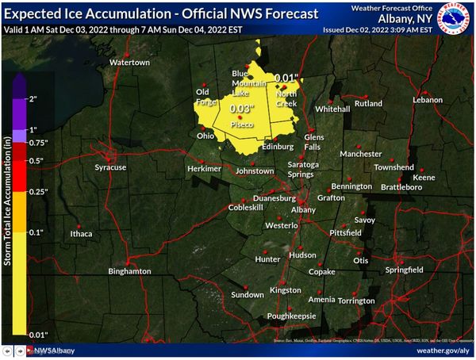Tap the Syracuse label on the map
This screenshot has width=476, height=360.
coord(110,167)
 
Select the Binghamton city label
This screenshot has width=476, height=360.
coord(129,271)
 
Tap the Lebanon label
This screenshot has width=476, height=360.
coord(427,100)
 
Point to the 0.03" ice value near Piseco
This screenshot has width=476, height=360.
coord(240,108)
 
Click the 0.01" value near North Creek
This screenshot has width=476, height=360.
coord(286,78)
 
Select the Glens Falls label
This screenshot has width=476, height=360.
coord(314,142)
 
